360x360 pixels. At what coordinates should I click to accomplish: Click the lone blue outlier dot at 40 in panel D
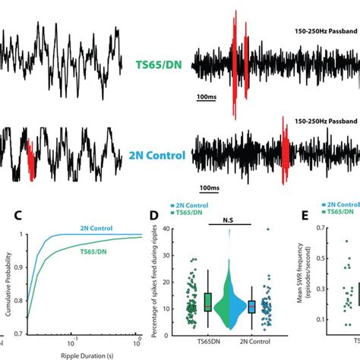[267, 229]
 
